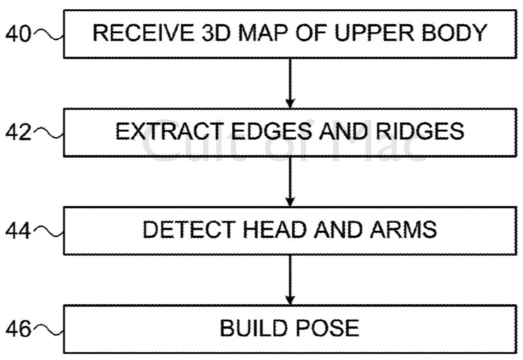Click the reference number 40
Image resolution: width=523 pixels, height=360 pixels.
pyautogui.click(x=18, y=34)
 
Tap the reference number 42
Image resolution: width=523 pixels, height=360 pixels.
pyautogui.click(x=18, y=133)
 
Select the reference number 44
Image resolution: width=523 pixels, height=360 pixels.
pyautogui.click(x=18, y=231)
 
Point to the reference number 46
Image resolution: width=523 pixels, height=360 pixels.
pyautogui.click(x=18, y=329)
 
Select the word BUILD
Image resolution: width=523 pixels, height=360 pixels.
pyautogui.click(x=251, y=328)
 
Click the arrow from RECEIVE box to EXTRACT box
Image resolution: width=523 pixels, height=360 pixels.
pyautogui.click(x=290, y=83)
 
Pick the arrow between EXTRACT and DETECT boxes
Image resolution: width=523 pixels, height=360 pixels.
pyautogui.click(x=290, y=181)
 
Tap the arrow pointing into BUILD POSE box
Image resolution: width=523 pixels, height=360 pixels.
pyautogui.click(x=290, y=280)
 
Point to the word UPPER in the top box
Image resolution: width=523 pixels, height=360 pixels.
pyautogui.click(x=370, y=33)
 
